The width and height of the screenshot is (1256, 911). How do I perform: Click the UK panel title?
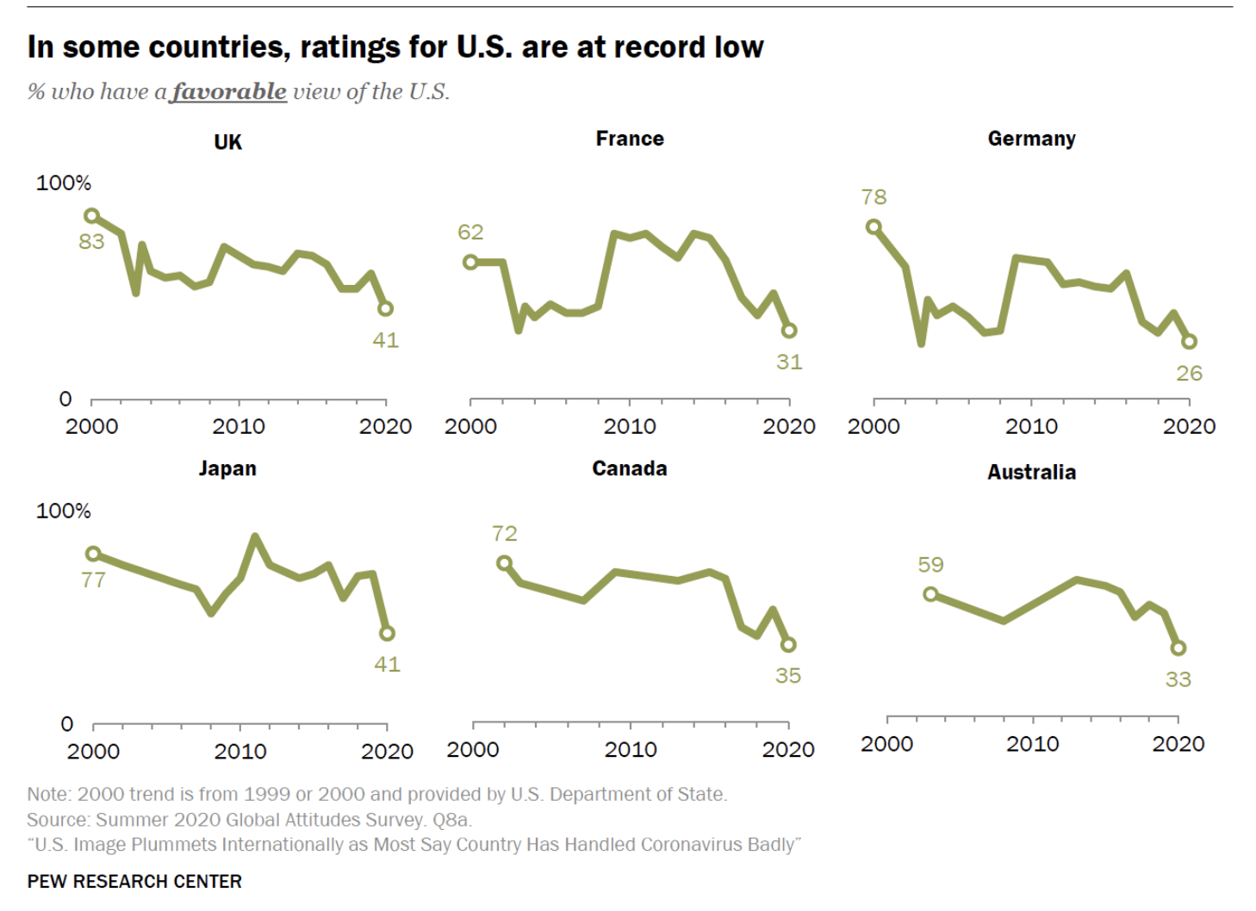(227, 142)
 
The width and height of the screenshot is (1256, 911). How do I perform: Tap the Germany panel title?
(1031, 139)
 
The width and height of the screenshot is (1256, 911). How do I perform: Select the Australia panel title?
(1031, 472)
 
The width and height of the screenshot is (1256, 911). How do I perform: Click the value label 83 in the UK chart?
(91, 242)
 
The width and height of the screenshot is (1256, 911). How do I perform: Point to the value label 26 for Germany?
(1189, 374)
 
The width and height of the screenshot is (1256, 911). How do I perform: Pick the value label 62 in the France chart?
(470, 232)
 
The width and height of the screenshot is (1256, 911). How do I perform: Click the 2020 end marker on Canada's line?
(788, 644)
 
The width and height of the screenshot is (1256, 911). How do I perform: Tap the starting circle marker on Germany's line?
(874, 226)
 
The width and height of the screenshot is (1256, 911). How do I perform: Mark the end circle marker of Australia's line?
(1178, 648)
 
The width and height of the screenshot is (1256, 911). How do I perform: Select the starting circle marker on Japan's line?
(93, 554)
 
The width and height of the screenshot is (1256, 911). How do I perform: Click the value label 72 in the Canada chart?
(505, 534)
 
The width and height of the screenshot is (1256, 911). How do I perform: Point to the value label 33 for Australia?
(1178, 679)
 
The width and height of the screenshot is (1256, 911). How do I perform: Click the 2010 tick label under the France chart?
(630, 426)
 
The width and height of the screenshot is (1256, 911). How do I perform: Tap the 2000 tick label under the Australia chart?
(886, 744)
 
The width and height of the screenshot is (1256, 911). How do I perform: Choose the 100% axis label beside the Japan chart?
(63, 511)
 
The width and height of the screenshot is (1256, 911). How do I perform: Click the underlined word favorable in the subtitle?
(228, 91)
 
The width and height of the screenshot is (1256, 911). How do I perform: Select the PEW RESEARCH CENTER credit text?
(134, 882)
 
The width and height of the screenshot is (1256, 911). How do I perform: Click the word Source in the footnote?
(57, 820)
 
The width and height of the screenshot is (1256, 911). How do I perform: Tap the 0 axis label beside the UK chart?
(65, 399)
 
